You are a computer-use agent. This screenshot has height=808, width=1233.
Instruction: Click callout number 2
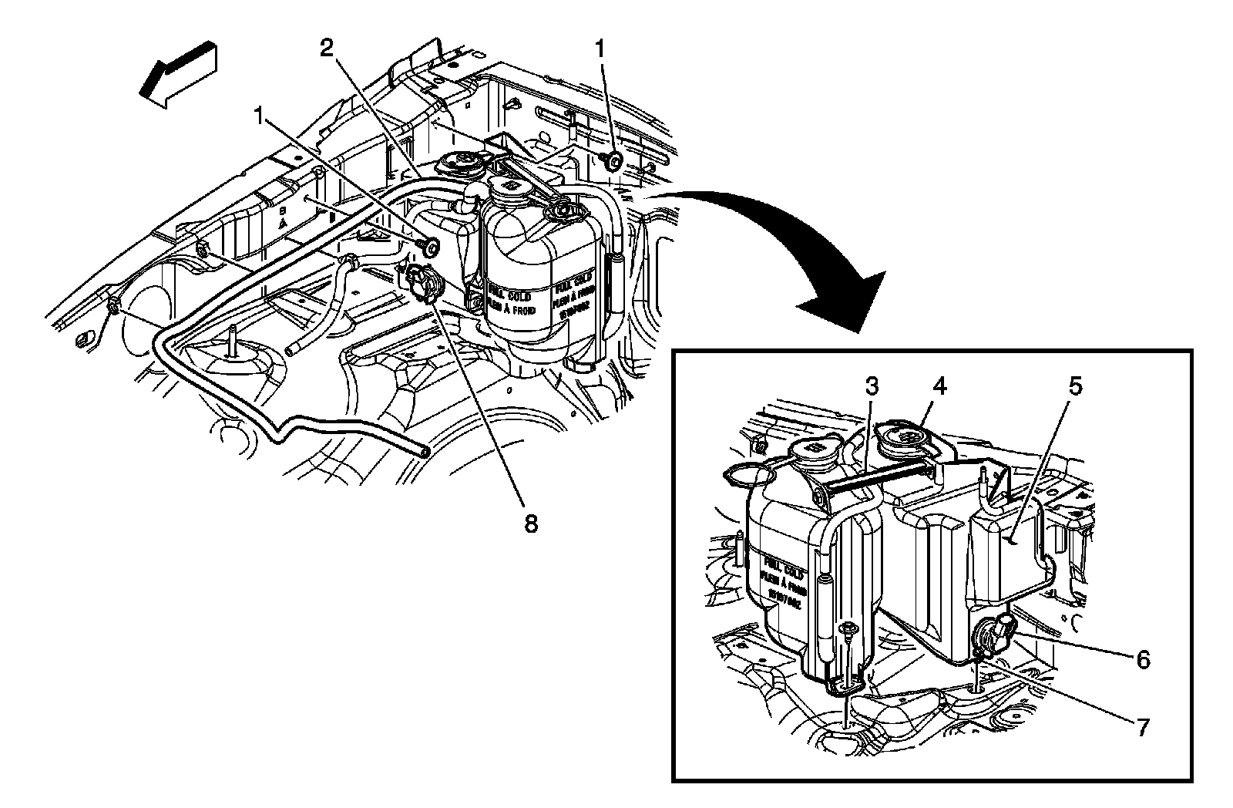pyautogui.click(x=328, y=49)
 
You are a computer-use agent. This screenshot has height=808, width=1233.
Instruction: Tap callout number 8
pyautogui.click(x=529, y=524)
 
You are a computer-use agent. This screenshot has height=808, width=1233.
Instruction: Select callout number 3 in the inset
pyautogui.click(x=872, y=386)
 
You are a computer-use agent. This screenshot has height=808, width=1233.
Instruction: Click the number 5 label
pyautogui.click(x=1075, y=386)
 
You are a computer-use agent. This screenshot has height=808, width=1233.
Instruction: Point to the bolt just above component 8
pyautogui.click(x=428, y=246)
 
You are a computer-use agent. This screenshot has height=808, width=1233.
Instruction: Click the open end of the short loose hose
pyautogui.click(x=291, y=351)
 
